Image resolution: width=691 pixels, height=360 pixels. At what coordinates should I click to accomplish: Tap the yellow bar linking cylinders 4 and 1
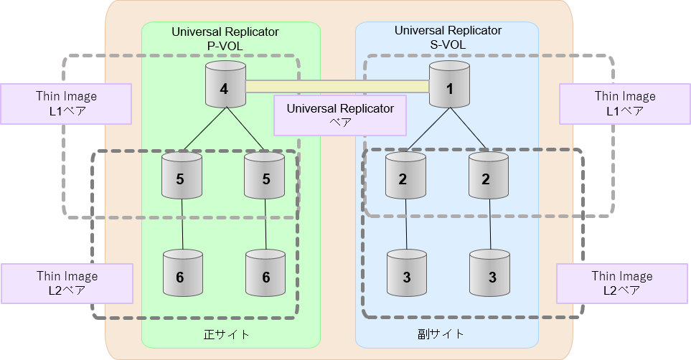tap(337, 87)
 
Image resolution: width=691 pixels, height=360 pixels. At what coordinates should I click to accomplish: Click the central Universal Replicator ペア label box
tap(339, 115)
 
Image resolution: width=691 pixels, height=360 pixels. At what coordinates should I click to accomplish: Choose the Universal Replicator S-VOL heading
tap(448, 37)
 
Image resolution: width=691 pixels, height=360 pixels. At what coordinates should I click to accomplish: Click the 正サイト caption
tap(230, 334)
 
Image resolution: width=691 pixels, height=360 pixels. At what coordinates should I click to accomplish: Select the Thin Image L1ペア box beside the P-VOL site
tap(66, 103)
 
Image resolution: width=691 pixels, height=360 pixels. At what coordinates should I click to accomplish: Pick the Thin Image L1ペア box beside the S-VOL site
tap(624, 103)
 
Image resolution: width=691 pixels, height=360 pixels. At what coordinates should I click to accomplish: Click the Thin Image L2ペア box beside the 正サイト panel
tap(67, 283)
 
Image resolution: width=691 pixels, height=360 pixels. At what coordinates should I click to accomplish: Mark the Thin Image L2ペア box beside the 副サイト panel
tap(621, 283)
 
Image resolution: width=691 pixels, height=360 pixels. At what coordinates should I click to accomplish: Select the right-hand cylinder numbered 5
tap(265, 176)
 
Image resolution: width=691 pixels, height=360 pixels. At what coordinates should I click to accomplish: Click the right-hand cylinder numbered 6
tap(265, 275)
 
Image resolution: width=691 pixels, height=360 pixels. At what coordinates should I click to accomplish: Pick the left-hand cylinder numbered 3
tap(407, 275)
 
